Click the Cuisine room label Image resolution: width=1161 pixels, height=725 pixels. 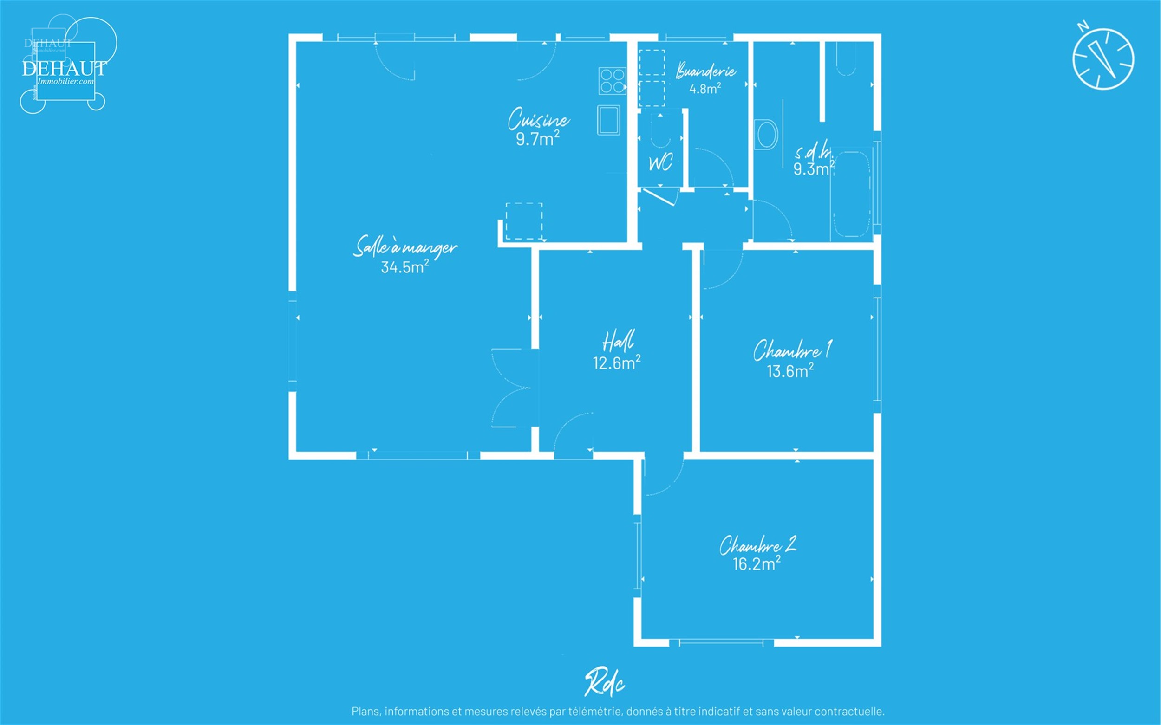[539, 119]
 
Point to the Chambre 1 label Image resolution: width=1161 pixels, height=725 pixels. [792, 350]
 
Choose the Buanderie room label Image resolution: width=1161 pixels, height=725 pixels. [706, 71]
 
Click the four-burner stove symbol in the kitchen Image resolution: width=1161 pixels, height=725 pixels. [613, 81]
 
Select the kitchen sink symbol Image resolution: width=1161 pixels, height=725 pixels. [608, 120]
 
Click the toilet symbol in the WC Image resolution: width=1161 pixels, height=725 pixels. [661, 129]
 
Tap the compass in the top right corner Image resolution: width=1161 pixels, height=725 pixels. [1103, 58]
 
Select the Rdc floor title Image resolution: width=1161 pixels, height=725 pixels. [605, 682]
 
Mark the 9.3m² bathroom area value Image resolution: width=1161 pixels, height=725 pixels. [814, 169]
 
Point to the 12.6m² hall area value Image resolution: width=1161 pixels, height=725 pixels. [617, 362]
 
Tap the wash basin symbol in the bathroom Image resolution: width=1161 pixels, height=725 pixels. [766, 135]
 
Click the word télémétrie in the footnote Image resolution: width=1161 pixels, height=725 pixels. [587, 711]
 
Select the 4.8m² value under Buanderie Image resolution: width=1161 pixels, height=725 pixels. [705, 89]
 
